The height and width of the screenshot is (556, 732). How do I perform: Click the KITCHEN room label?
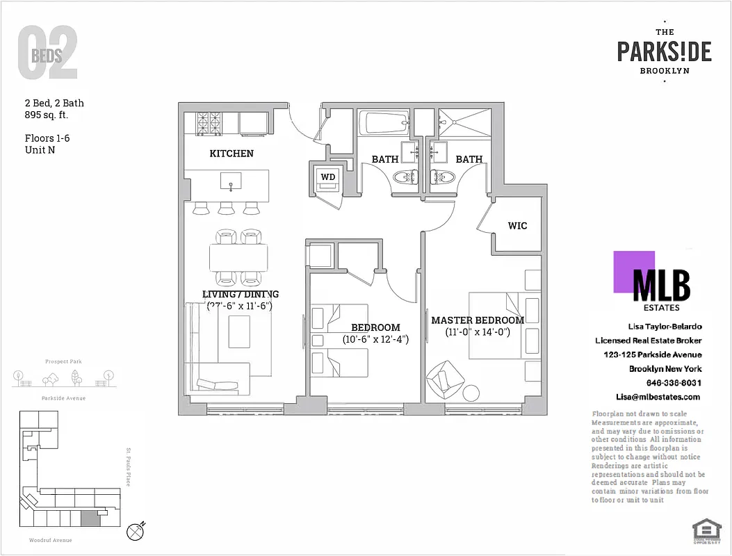point(231,153)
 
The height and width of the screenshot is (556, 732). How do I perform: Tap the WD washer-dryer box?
point(327,177)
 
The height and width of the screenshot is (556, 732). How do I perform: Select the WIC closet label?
point(517,225)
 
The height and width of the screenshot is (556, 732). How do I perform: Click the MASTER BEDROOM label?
point(478,320)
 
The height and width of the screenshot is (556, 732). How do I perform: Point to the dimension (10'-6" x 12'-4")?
point(375,339)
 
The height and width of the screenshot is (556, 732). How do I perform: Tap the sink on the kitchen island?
point(231,182)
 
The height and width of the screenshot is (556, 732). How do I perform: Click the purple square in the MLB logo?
point(634,272)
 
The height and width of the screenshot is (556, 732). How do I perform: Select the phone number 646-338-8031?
point(673,383)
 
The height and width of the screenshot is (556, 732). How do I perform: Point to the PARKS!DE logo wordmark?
point(664,51)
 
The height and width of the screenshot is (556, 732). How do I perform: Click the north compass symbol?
point(136,532)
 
